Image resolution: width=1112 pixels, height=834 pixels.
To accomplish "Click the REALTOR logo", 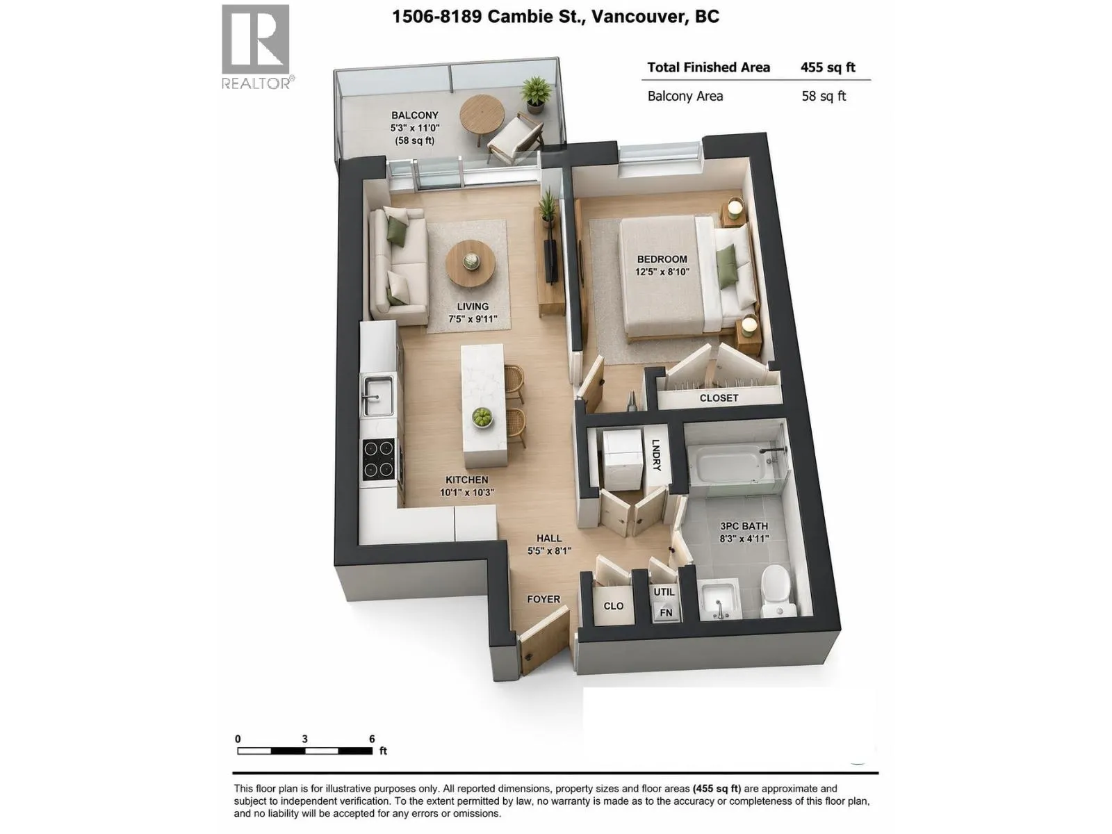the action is [257, 47].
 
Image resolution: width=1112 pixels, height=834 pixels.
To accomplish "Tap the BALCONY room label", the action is [414, 115].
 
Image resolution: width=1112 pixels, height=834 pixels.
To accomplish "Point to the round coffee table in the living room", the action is [470, 264].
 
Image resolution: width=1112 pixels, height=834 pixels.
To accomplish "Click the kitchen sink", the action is [377, 395].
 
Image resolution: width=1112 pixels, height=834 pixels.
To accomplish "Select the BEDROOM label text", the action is [662, 259].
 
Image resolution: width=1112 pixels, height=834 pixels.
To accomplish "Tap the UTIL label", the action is [664, 591].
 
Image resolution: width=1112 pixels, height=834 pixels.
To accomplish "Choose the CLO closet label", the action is [613, 605].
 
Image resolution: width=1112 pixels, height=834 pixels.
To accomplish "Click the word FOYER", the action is [543, 599].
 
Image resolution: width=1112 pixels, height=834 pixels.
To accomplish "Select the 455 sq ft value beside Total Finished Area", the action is [828, 67].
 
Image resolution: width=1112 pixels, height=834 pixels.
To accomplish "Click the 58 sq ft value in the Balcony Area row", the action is [824, 96].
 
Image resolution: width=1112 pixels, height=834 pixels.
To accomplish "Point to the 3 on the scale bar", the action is [304, 739].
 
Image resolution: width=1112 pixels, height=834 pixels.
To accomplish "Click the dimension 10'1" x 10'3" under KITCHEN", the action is [466, 492].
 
